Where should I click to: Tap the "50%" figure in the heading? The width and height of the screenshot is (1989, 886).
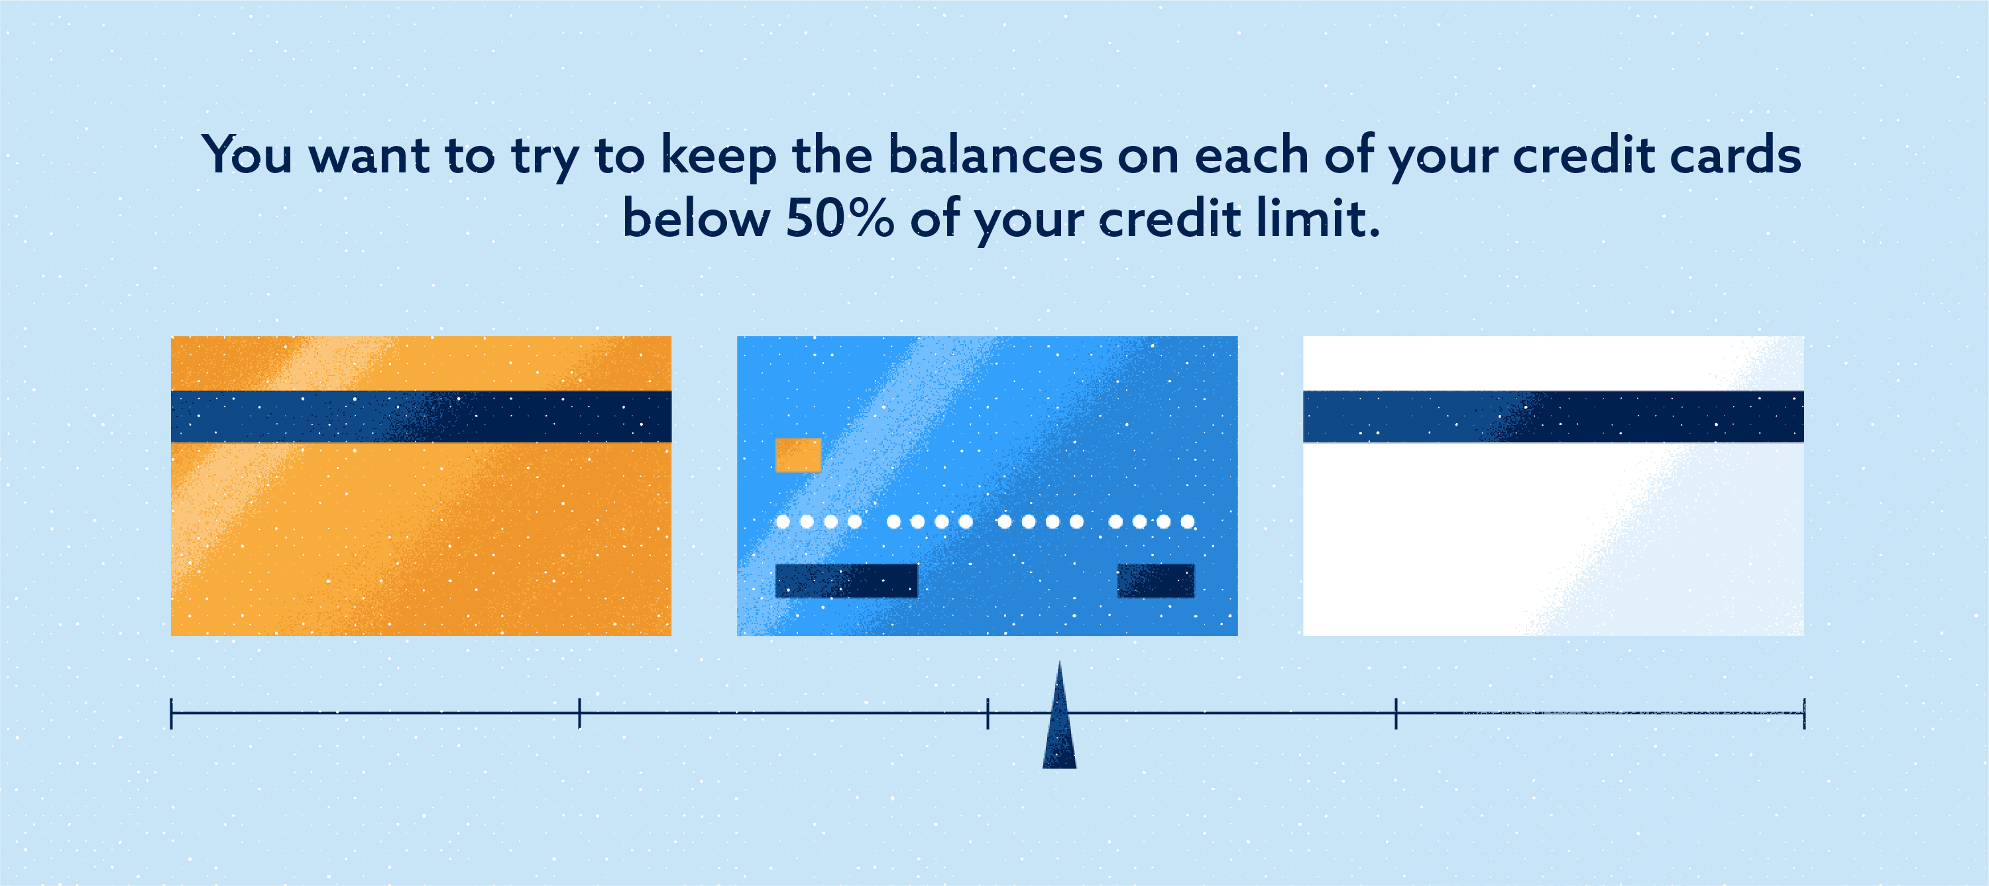[x=839, y=219]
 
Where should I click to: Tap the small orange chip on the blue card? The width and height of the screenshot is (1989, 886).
[x=797, y=455]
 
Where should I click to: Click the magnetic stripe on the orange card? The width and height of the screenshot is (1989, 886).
[x=421, y=416]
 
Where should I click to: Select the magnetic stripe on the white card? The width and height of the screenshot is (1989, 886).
[x=1553, y=416]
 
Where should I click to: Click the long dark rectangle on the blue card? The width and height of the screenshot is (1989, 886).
[x=846, y=581]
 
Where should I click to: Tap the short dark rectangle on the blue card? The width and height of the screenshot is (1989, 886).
[x=1155, y=581]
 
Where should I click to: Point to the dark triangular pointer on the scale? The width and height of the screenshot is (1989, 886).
[x=1059, y=726]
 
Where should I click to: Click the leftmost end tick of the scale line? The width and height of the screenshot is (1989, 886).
[x=172, y=713]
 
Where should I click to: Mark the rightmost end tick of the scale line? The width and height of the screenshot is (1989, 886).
[x=1803, y=713]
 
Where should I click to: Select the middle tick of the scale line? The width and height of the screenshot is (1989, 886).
[x=988, y=713]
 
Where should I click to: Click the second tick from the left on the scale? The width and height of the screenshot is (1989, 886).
[x=579, y=713]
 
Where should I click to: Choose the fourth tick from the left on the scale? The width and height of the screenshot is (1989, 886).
[x=1396, y=713]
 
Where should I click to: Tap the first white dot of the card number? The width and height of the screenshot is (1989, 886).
[x=783, y=521]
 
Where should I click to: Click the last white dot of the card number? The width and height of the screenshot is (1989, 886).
[x=1188, y=521]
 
